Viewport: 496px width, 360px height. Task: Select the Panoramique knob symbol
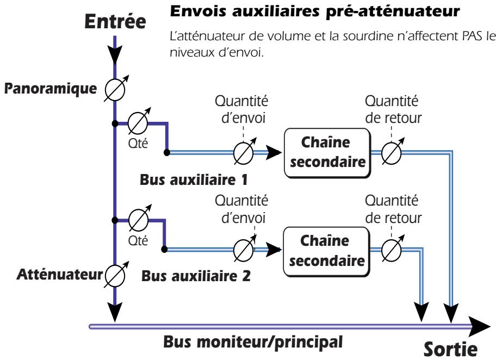coord(115,89)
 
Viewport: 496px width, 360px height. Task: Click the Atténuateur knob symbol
coord(115,272)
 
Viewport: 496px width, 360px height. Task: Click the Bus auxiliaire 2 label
coord(196,275)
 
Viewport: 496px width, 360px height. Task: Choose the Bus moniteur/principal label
coord(253,344)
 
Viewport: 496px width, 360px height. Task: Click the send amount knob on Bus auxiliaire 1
coord(242,154)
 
